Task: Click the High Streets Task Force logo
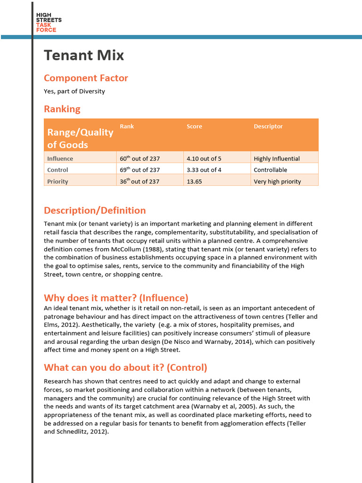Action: (49, 23)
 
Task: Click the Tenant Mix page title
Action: (84, 55)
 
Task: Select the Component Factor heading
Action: (86, 78)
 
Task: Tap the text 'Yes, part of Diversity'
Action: (74, 91)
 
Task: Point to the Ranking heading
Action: (62, 109)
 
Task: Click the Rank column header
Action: (127, 126)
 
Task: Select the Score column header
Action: (194, 126)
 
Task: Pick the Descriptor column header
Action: (268, 126)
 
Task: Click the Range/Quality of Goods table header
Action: (80, 138)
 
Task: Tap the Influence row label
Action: (60, 158)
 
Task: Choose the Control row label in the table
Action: (58, 170)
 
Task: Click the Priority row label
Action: (58, 182)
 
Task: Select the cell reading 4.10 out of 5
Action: (204, 158)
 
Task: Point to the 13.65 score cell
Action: (194, 182)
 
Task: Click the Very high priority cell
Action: (277, 182)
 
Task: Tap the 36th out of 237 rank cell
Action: (140, 182)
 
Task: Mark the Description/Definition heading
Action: (95, 210)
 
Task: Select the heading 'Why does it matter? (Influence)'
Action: (116, 298)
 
